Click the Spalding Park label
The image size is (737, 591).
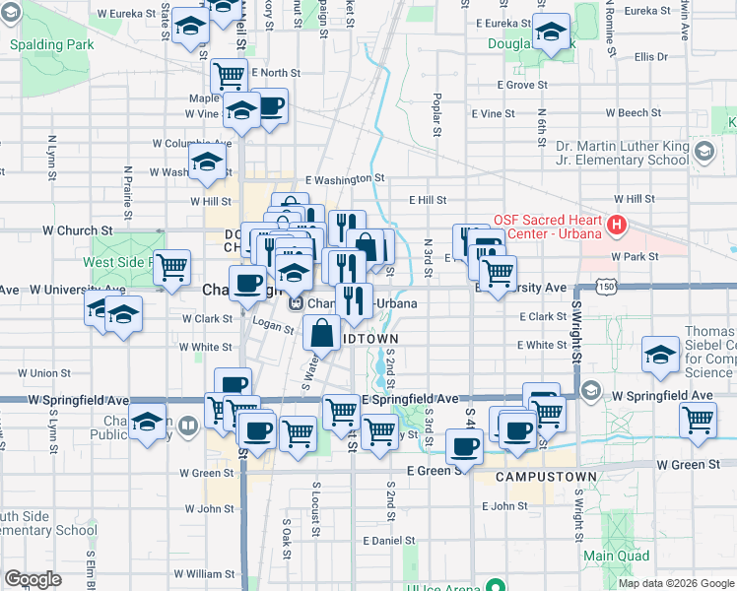tap(51, 45)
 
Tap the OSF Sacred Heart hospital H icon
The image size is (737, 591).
tap(617, 226)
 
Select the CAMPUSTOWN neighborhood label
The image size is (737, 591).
tap(546, 477)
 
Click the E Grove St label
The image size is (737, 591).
tap(522, 86)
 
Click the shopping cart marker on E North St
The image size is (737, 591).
tap(230, 74)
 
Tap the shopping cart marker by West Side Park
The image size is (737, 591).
tap(172, 266)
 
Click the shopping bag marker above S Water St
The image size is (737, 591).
tap(323, 333)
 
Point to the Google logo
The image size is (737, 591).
tap(33, 579)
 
